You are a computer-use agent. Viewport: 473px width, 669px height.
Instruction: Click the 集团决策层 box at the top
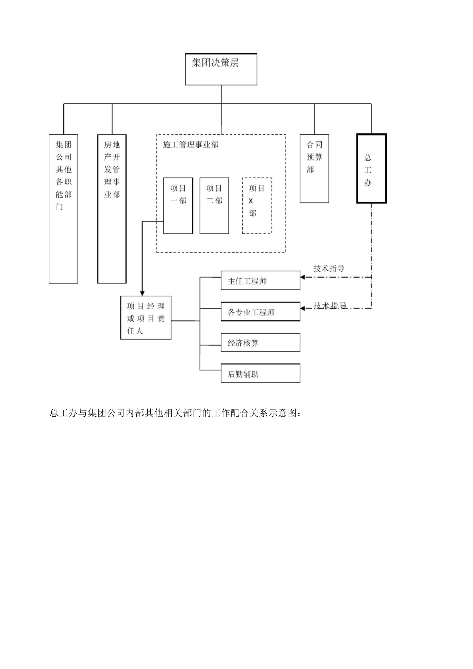[x=221, y=69]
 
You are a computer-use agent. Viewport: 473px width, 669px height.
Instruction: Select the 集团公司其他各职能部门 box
[x=63, y=209]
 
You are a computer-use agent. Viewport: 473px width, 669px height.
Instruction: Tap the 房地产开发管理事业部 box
[x=112, y=209]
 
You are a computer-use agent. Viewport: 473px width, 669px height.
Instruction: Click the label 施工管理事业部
[x=191, y=145]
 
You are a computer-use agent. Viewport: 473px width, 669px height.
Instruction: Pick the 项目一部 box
[x=178, y=206]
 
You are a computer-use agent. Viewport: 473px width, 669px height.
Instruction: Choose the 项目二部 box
[x=214, y=206]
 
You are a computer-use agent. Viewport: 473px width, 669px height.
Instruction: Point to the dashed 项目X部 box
[x=257, y=206]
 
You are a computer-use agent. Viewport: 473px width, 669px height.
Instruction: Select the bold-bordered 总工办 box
[x=371, y=168]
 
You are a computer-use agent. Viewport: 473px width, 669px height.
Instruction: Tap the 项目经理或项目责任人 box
[x=146, y=318]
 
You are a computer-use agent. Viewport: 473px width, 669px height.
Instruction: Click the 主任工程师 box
[x=260, y=281]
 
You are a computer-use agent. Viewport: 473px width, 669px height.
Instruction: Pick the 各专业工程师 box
[x=260, y=312]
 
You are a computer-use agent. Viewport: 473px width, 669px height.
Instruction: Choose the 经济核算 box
[x=260, y=343]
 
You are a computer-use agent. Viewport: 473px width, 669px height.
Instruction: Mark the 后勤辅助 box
[x=260, y=374]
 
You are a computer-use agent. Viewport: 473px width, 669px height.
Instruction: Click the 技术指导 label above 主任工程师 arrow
[x=329, y=269]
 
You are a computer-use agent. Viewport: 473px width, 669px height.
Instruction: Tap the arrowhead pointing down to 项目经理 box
[x=142, y=292]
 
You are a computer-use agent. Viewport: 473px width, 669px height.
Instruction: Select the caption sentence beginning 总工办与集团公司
[x=175, y=413]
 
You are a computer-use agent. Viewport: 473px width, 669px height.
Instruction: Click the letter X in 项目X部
[x=251, y=201]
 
